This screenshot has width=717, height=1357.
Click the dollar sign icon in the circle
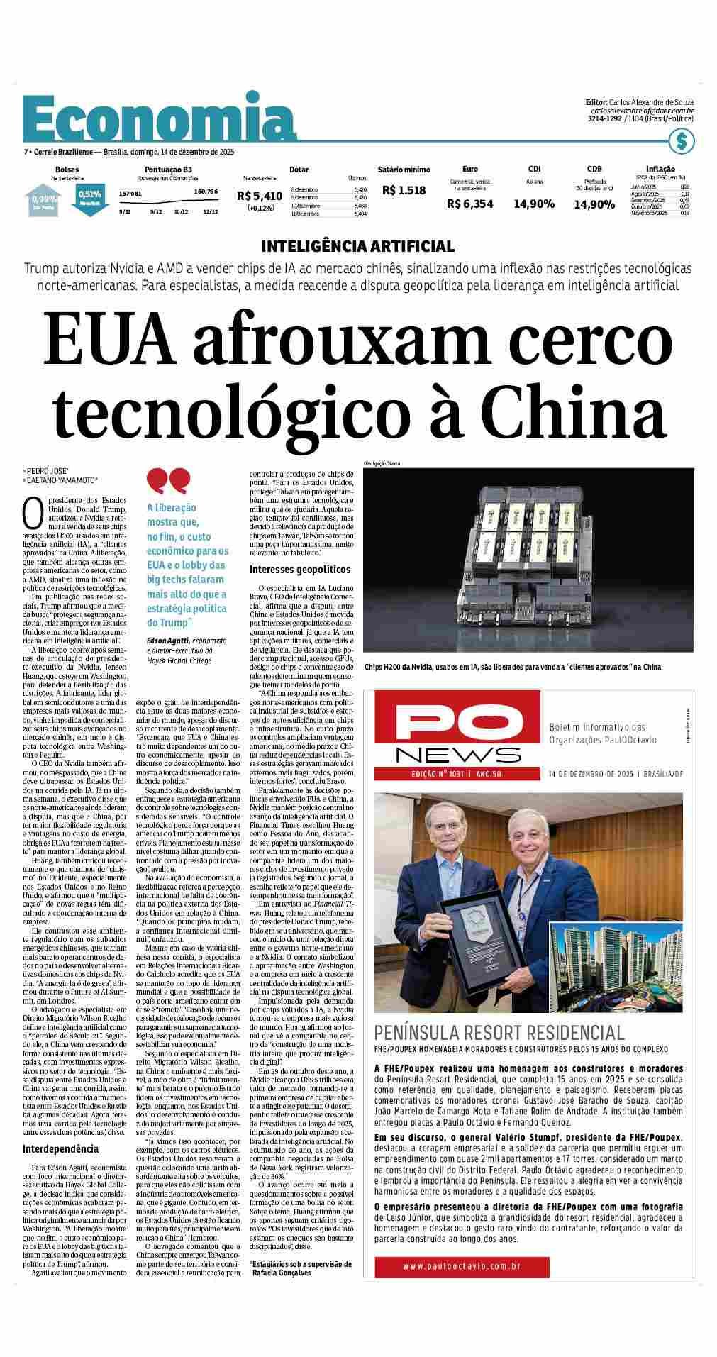coord(681,141)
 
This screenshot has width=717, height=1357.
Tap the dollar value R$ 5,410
coord(260,196)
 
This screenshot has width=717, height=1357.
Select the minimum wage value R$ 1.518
coord(404,190)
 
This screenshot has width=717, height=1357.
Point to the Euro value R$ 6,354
coord(469,204)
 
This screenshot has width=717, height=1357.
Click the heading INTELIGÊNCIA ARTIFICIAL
coord(357,246)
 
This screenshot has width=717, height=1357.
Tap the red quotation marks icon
coord(168,481)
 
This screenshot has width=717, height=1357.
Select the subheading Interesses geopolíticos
coord(299,570)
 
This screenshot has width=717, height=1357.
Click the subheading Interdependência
coord(61,1148)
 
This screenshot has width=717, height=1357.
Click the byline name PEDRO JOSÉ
coord(47,471)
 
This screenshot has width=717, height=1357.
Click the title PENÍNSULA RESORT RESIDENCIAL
coord(499,1033)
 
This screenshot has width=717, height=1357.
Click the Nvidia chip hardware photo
coord(528,560)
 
